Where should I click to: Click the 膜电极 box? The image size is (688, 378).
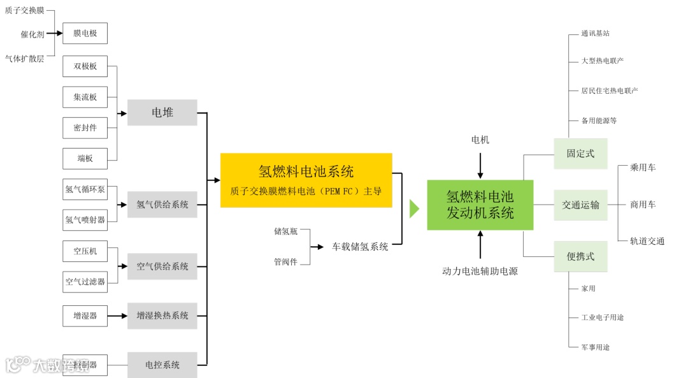click(85, 33)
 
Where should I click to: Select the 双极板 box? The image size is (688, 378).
click(85, 66)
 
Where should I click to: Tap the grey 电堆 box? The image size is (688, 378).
click(162, 113)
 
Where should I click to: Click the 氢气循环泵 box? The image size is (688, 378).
click(85, 189)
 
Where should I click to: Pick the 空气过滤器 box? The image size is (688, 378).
click(85, 281)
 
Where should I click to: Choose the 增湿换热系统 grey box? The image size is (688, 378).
click(162, 316)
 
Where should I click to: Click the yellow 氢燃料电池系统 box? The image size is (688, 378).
click(306, 180)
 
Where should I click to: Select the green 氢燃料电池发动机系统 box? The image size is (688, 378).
click(480, 205)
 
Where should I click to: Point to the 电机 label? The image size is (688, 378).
click(480, 140)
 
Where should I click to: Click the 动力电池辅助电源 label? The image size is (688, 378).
click(480, 272)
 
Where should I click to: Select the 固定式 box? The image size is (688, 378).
click(580, 154)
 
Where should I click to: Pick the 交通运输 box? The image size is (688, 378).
click(580, 205)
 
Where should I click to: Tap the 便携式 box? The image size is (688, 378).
click(580, 256)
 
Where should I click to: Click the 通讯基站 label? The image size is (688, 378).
click(595, 33)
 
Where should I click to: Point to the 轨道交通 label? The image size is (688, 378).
click(647, 241)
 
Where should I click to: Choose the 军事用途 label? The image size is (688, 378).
click(595, 347)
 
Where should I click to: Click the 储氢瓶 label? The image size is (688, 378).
click(285, 231)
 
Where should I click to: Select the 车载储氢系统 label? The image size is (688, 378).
click(360, 247)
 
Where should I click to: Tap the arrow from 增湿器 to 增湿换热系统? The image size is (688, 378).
click(117, 316)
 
